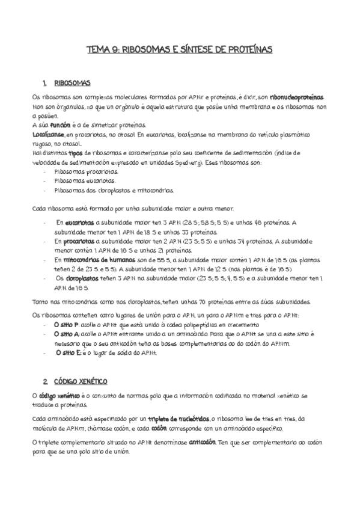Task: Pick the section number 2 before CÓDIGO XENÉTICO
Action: (x=45, y=382)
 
